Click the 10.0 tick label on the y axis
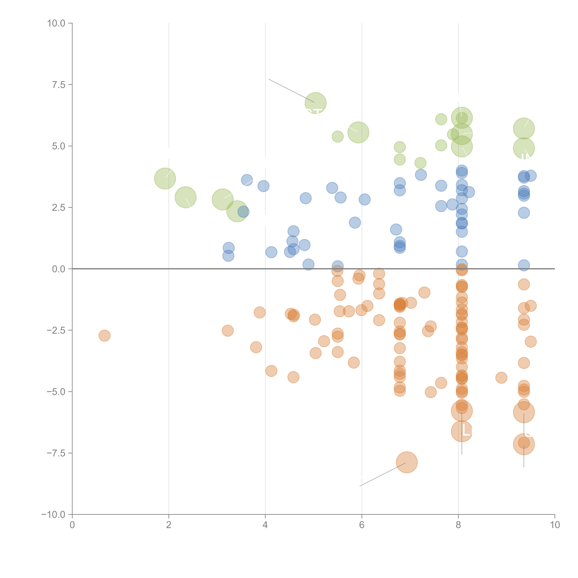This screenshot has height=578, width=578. pos(56,23)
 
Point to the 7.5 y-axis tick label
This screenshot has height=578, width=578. pos(59,85)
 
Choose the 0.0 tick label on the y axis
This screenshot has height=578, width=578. pos(59,269)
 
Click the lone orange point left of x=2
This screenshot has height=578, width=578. pos(104,336)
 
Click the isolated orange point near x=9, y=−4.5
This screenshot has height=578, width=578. pos(501,378)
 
